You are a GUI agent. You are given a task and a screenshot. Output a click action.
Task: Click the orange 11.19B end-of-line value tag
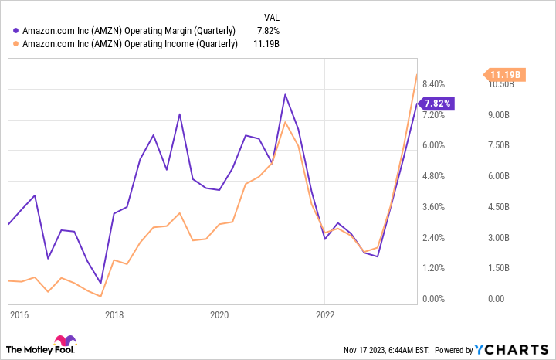click(506, 74)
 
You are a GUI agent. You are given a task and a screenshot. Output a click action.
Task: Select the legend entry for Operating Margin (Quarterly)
click(128, 31)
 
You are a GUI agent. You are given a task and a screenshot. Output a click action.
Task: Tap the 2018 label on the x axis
click(114, 314)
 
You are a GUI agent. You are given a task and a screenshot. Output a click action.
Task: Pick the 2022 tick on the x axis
click(324, 314)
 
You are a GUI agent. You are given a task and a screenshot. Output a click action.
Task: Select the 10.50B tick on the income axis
click(500, 84)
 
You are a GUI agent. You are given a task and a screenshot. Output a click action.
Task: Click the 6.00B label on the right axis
click(498, 176)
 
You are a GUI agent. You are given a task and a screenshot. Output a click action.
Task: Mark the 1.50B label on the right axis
click(498, 268)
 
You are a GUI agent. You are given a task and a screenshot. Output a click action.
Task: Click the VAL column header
click(271, 16)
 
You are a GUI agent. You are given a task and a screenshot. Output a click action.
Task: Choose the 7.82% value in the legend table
click(266, 31)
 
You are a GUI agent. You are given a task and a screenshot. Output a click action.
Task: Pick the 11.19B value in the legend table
click(265, 45)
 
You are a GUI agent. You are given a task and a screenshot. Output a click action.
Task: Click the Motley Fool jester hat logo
click(63, 342)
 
